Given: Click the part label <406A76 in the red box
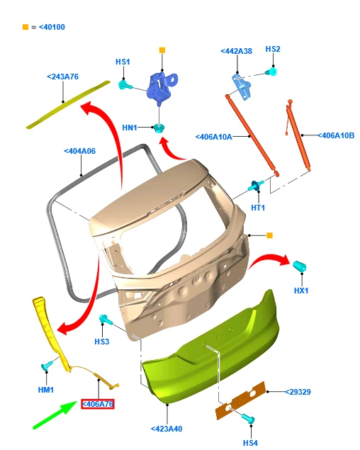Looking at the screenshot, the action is [98, 404].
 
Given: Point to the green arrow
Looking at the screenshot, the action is [55, 415].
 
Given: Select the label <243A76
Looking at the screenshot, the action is [62, 77].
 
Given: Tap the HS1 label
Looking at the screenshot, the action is [123, 62].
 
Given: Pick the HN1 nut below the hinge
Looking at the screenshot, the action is [159, 128].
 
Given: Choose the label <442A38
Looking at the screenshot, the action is [236, 51].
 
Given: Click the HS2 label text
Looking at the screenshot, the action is [273, 49].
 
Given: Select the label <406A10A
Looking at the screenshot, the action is [213, 137].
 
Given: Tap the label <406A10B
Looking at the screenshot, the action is [336, 135].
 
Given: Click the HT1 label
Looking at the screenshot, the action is [258, 208].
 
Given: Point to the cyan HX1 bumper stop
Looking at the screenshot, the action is [300, 266].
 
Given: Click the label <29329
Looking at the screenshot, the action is [298, 392].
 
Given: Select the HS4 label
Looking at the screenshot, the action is [250, 443].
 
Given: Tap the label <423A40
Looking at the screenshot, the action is [167, 429].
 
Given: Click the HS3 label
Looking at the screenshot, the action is [102, 342].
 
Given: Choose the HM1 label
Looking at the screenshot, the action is [46, 390].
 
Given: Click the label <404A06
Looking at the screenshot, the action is [80, 151].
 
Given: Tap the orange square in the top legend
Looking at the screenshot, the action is [26, 27].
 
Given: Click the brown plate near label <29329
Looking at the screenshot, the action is [240, 400].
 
